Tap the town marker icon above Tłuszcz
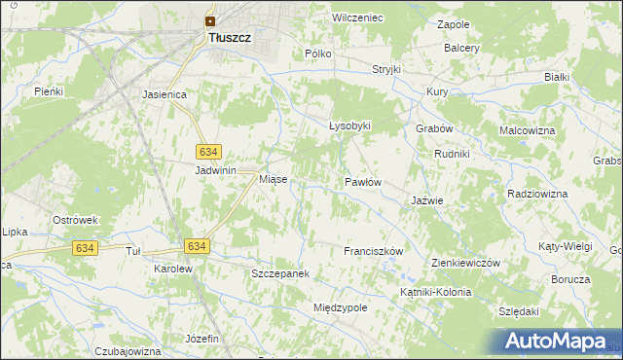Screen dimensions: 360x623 [x=209, y=19]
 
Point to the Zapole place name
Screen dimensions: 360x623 [x=454, y=24]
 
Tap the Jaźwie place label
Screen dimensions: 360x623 [x=427, y=200]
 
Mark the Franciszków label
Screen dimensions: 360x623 [x=373, y=251]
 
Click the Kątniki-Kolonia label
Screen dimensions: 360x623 [x=435, y=292]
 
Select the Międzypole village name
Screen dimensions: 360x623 [x=340, y=307]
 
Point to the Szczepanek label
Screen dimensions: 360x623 [x=280, y=273]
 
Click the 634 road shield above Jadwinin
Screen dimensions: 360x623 [x=209, y=152]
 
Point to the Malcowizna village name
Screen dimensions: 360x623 [x=527, y=129]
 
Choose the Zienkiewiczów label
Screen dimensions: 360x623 [x=465, y=264]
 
